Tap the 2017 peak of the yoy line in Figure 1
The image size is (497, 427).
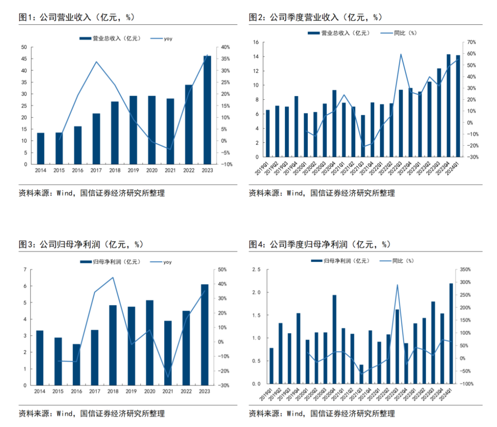click(96, 62)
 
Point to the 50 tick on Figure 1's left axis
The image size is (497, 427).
click(24, 47)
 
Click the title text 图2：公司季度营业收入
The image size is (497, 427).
click(294, 17)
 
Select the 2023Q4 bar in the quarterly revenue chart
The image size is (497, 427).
click(448, 105)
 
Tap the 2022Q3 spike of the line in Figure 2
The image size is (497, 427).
click(401, 54)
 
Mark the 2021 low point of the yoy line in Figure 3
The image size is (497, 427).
click(168, 377)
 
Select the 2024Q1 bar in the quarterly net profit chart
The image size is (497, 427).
click(451, 333)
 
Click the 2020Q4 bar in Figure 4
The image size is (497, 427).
click(334, 339)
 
